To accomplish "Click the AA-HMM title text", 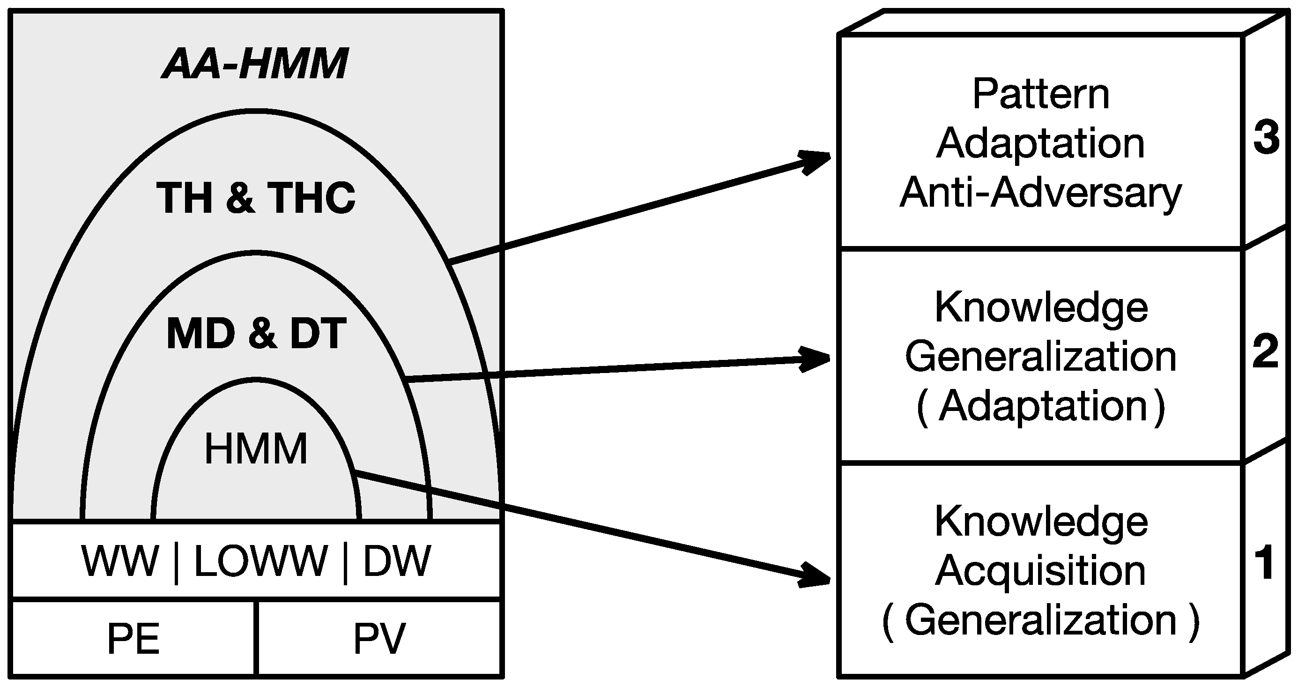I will (x=255, y=64).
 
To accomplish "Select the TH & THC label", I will (x=256, y=198).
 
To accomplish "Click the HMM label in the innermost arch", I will (x=256, y=448).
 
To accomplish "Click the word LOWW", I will (x=260, y=561).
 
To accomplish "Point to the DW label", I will (x=397, y=561).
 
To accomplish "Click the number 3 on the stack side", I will (x=1266, y=138).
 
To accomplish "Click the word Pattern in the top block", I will (x=1041, y=94).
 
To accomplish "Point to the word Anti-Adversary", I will (x=1041, y=193).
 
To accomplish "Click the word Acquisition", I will (x=1041, y=571).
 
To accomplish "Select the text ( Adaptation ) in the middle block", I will (x=1041, y=407).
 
